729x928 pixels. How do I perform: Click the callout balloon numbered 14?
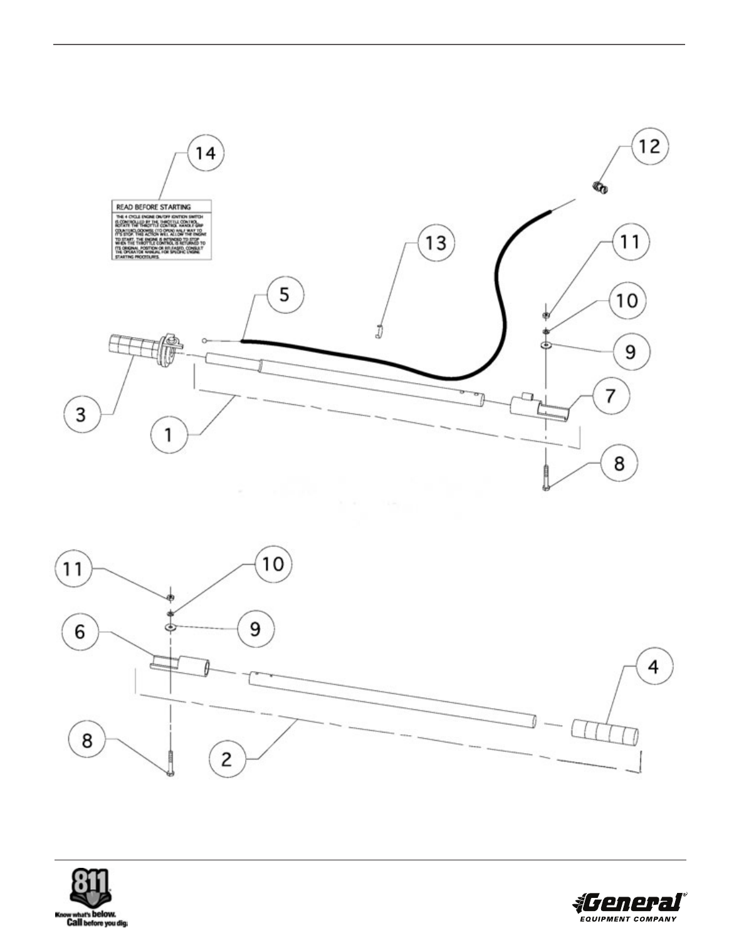(206, 152)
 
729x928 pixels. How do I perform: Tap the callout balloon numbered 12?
(649, 145)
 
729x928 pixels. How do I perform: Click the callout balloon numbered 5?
(285, 295)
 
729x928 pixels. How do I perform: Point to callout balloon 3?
(81, 415)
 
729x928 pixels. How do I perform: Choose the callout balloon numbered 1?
(169, 434)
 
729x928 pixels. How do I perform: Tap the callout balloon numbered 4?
(654, 667)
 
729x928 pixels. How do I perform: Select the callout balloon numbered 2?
(226, 759)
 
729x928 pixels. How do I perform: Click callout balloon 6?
(80, 632)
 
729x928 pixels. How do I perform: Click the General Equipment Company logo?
(629, 904)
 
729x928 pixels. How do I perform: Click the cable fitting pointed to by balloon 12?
(601, 187)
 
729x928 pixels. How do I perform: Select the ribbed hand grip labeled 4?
(605, 731)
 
